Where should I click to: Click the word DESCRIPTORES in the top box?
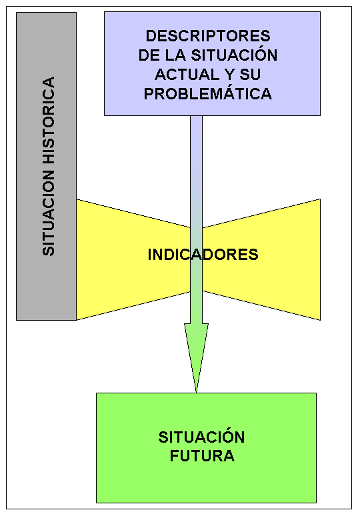point(208,36)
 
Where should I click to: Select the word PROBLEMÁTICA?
point(208,93)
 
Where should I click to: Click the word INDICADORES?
point(203,255)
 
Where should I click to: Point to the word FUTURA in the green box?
point(202,456)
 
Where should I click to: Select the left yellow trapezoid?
point(133,259)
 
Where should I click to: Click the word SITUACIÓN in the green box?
point(201,437)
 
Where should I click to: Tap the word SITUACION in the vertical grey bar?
point(49,213)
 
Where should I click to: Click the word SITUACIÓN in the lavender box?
point(234,55)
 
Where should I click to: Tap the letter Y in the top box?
point(228,74)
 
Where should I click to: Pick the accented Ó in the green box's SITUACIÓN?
point(227,435)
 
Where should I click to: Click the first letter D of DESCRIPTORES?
point(151,36)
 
